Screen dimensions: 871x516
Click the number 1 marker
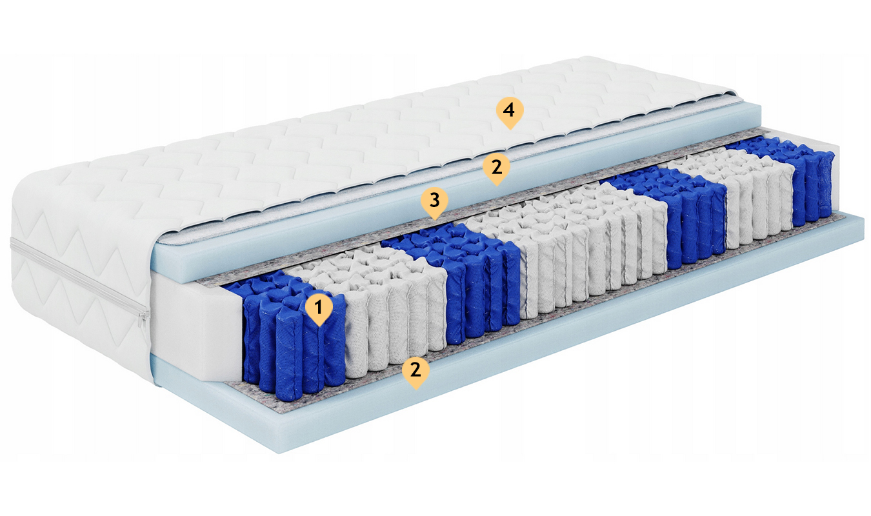click(x=319, y=308)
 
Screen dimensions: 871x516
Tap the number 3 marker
click(x=434, y=201)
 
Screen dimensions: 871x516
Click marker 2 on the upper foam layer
click(x=497, y=167)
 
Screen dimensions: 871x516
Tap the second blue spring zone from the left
click(x=459, y=280)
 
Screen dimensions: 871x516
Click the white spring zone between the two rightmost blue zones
click(x=735, y=194)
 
